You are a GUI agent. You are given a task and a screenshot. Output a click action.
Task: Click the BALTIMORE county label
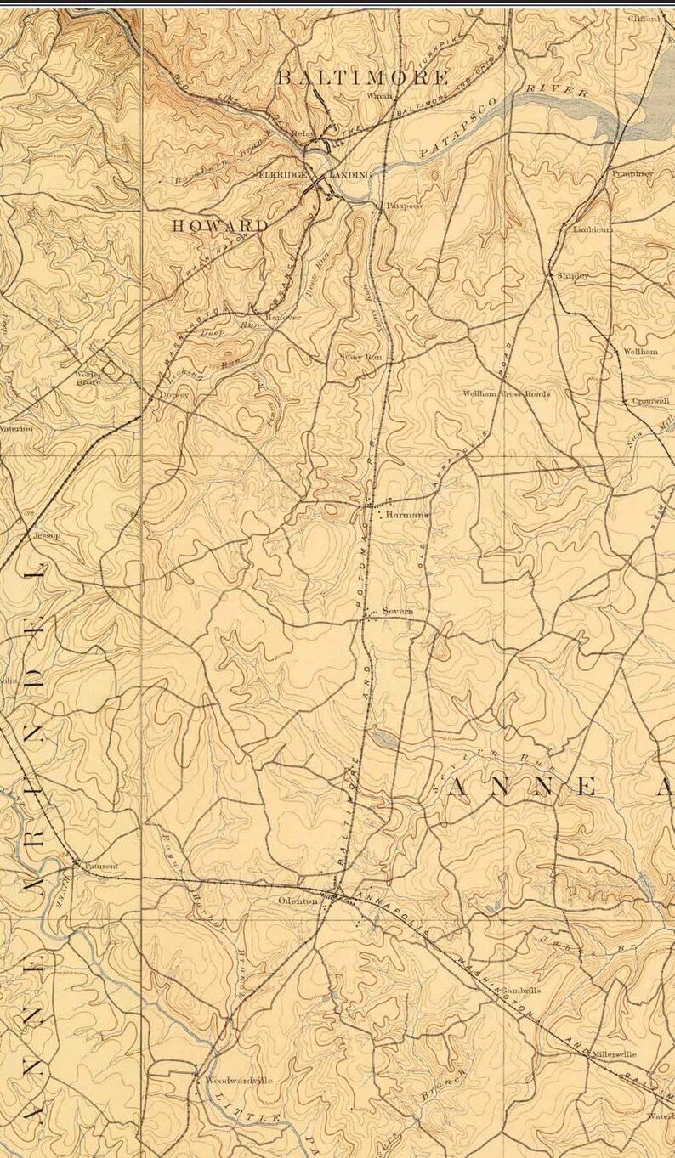363,78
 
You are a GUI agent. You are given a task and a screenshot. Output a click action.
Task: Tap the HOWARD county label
220,226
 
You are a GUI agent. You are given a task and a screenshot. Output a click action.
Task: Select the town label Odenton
298,901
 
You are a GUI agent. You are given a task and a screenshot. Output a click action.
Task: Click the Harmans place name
407,515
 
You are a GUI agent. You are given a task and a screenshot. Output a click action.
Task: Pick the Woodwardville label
239,1080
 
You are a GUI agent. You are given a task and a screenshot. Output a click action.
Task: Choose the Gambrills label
521,990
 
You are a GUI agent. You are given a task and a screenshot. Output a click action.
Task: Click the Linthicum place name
593,229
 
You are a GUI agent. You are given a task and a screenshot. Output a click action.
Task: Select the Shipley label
572,276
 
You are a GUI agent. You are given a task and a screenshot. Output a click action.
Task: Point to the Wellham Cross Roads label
506,394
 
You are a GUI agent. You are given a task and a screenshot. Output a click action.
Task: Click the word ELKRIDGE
281,174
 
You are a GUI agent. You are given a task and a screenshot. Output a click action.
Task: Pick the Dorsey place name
173,395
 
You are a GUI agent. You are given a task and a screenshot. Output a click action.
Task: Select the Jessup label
43,536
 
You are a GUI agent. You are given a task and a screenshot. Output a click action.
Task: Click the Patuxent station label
102,866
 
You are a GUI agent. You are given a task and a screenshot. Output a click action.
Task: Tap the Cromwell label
650,401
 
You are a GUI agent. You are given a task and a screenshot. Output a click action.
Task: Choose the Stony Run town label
360,358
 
